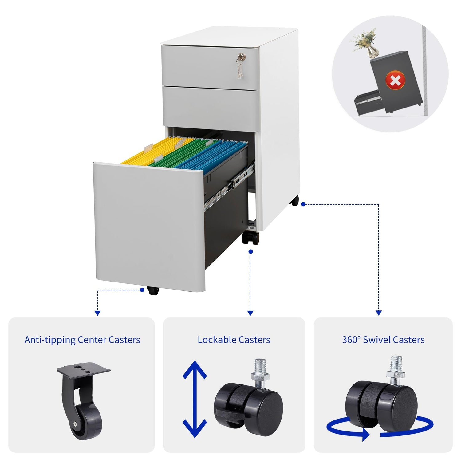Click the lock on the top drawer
pos(242,57)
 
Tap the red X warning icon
pos(395,81)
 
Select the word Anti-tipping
pos(50,340)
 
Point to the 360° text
pos(351,340)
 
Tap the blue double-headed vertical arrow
pos(195,399)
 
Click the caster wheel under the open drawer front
pos(153,290)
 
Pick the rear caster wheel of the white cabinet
pos(294,201)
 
